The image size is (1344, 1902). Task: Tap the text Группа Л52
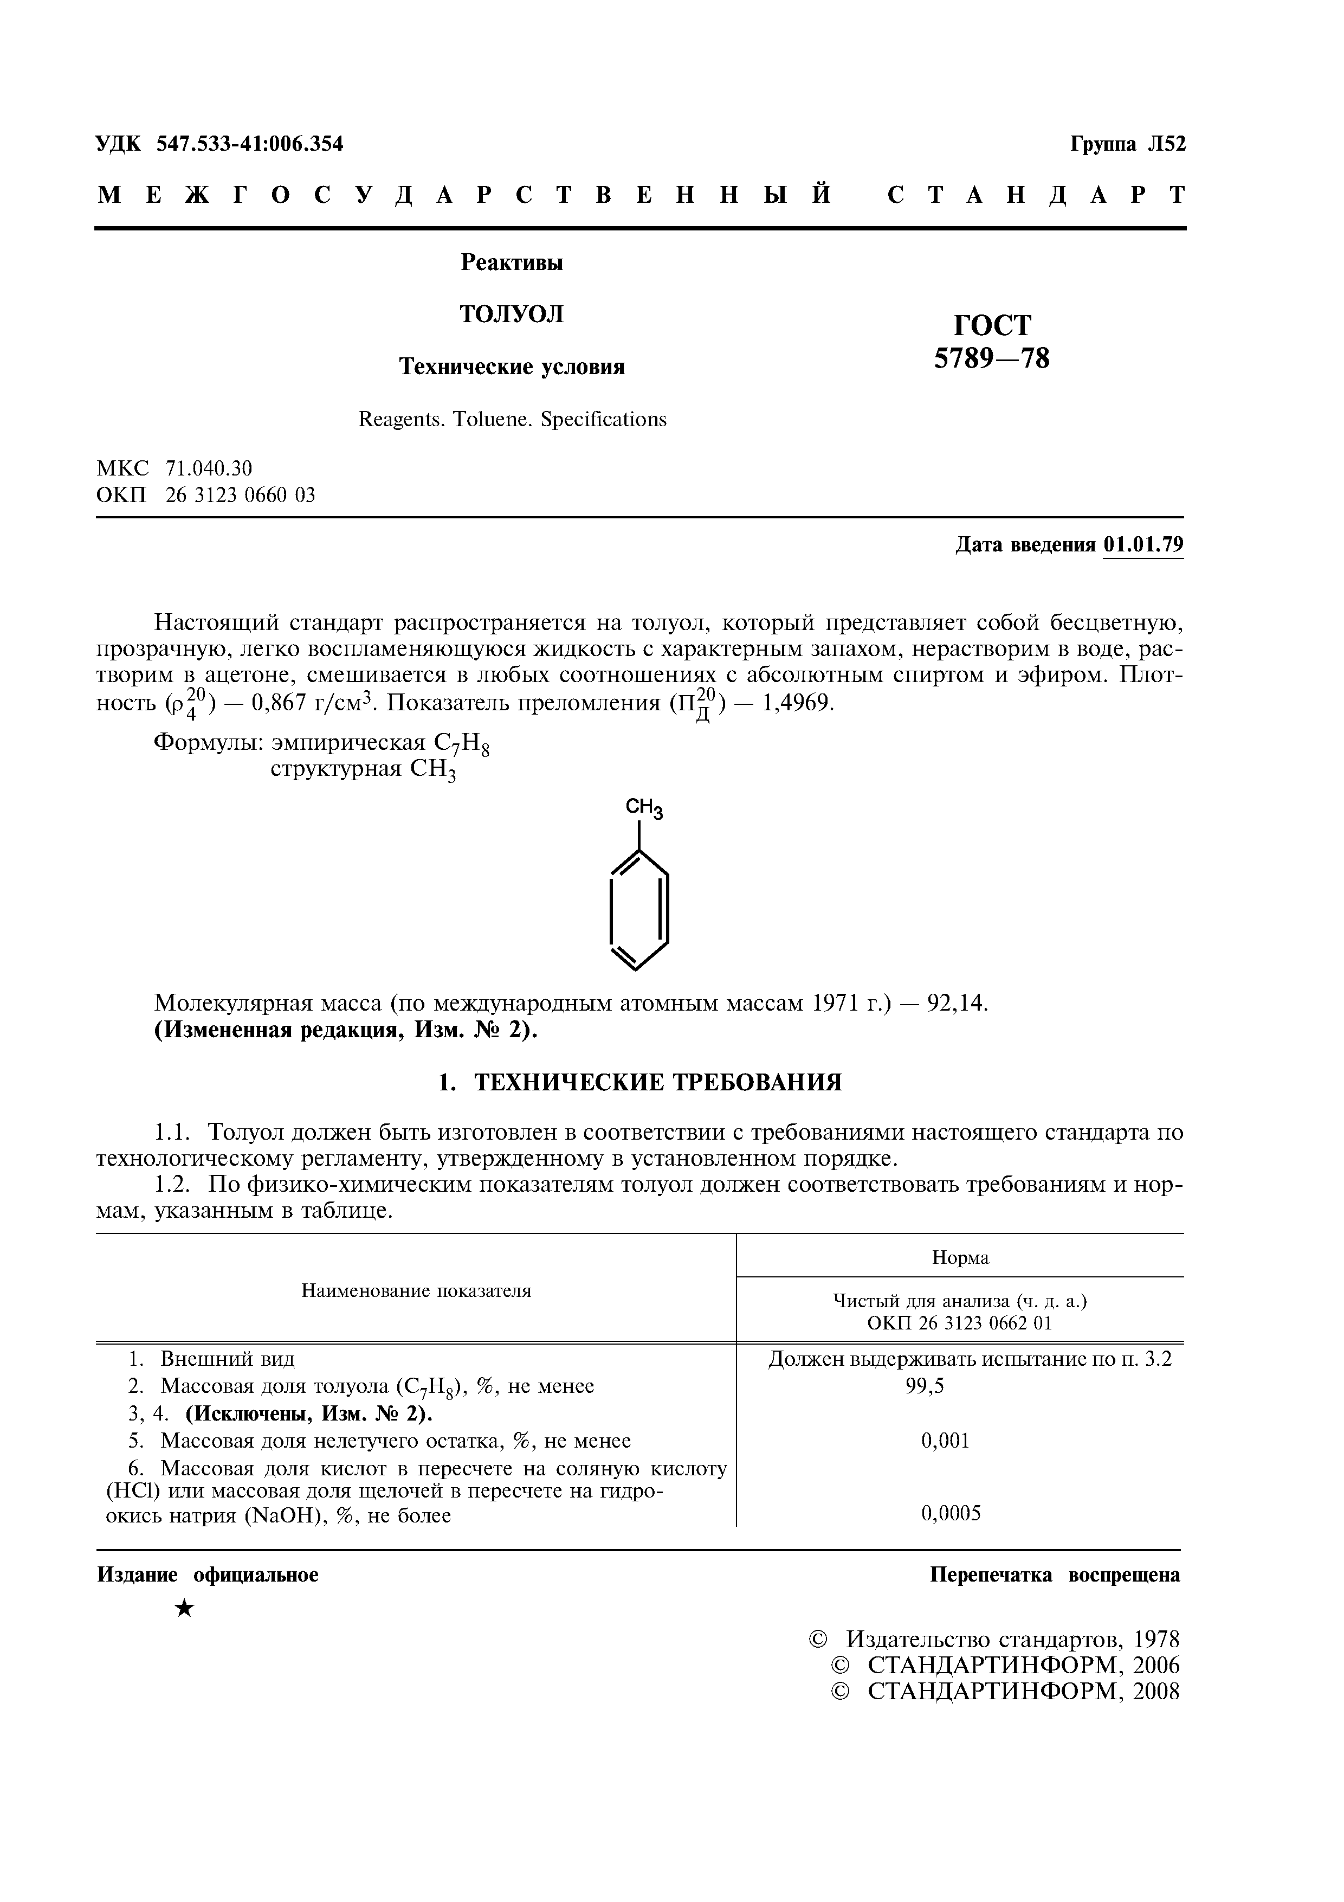point(1128,144)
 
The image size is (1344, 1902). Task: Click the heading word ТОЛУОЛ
point(511,314)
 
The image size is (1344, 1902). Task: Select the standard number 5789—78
point(991,358)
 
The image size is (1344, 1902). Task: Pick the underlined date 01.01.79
point(1143,544)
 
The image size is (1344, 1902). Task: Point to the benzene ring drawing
point(638,910)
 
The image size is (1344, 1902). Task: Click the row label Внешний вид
point(227,1359)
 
